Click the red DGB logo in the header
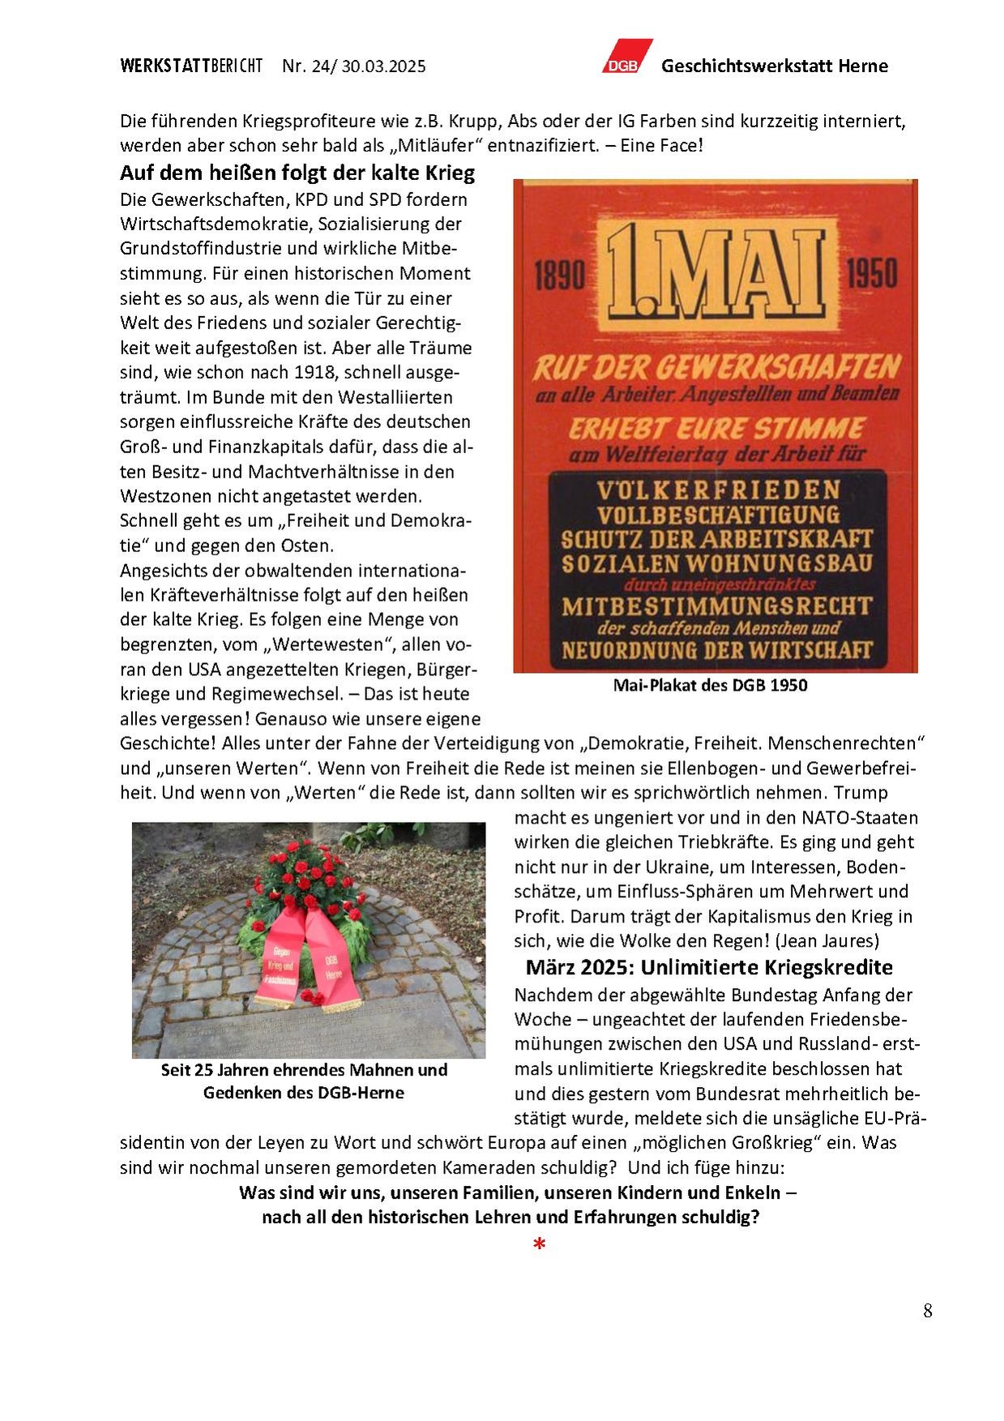626,58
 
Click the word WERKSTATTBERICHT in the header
191,66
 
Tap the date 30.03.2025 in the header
383,66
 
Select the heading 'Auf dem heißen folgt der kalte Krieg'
297,173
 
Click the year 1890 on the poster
559,275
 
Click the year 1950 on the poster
872,273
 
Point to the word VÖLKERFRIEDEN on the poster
718,490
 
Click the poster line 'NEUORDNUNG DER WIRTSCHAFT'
717,650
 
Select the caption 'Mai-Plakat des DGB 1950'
710,686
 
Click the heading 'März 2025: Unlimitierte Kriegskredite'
709,967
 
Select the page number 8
927,1311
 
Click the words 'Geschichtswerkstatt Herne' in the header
774,66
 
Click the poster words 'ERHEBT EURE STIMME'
717,428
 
